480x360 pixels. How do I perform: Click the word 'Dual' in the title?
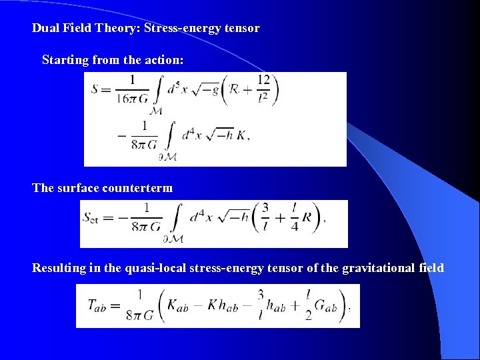(45, 29)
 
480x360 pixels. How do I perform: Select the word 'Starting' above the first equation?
(64, 60)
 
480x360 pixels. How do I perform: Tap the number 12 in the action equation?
(263, 80)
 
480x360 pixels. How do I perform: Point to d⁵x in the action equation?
(177, 89)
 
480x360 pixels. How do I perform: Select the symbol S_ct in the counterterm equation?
(91, 217)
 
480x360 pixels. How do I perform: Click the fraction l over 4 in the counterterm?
(295, 217)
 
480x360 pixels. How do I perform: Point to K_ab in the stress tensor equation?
(175, 306)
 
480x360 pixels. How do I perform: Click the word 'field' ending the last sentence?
(429, 268)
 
